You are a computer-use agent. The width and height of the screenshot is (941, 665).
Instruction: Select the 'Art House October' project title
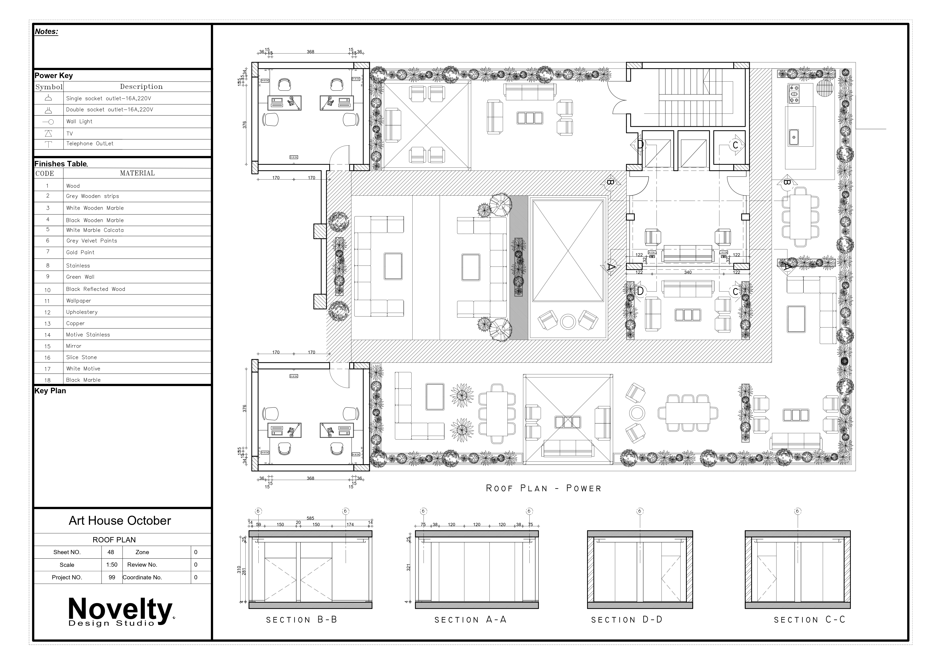pos(120,521)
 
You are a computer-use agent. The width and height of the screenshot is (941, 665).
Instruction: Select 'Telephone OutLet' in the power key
pos(90,143)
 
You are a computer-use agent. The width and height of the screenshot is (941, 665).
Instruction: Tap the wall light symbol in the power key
pos(48,122)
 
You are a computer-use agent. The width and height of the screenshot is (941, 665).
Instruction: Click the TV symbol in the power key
pos(48,133)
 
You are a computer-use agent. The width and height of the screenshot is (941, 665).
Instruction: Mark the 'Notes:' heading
pos(46,32)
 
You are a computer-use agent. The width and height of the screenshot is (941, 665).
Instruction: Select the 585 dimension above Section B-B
pos(310,518)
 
